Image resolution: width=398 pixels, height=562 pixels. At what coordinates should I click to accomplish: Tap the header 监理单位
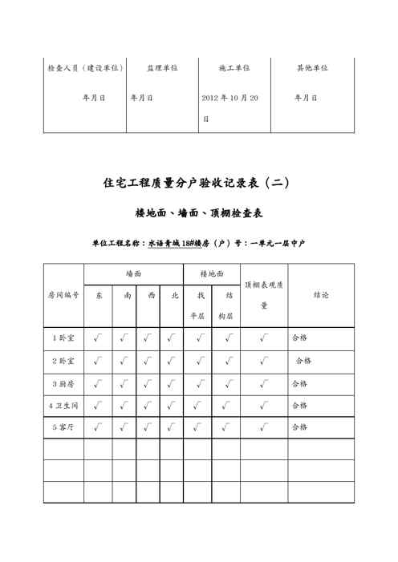pos(161,68)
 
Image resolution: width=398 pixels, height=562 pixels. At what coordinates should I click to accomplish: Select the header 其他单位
pos(312,68)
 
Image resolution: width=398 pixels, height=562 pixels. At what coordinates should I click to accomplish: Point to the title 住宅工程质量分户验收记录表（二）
pos(197,183)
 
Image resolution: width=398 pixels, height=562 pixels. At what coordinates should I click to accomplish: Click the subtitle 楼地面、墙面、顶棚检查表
pos(200,214)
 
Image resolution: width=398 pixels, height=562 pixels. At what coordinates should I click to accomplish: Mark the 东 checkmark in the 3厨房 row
pos(98,383)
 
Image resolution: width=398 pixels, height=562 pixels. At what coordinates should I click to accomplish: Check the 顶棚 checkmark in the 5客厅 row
pos(264,427)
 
